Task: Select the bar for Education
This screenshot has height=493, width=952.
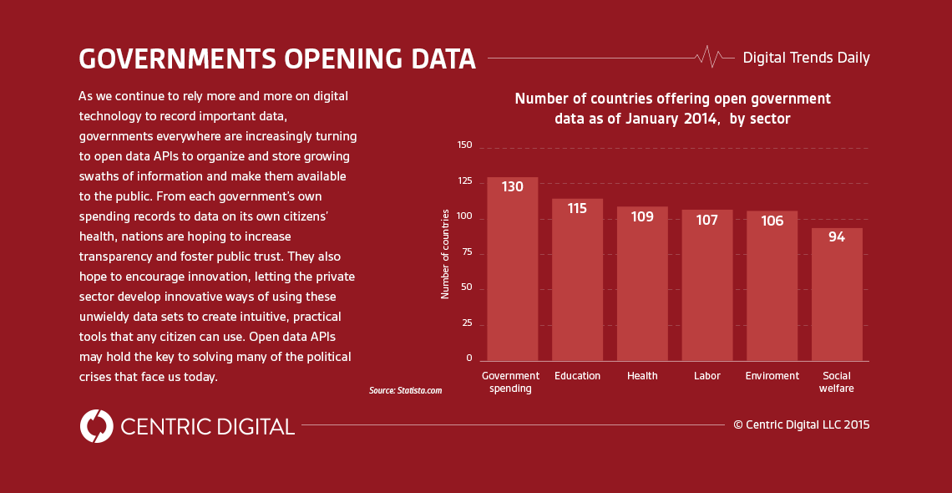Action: pyautogui.click(x=577, y=284)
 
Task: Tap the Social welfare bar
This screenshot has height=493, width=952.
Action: pyautogui.click(x=837, y=297)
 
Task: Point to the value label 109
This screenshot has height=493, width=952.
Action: pyautogui.click(x=642, y=217)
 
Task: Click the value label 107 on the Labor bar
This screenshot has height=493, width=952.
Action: pyautogui.click(x=706, y=221)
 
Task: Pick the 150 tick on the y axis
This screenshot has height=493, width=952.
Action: pyautogui.click(x=464, y=145)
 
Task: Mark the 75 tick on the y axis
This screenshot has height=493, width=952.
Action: pyautogui.click(x=465, y=252)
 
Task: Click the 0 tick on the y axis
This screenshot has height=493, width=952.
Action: pyautogui.click(x=468, y=358)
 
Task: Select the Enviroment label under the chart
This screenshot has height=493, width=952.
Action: pyautogui.click(x=772, y=376)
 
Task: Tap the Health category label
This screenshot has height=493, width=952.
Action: pyautogui.click(x=642, y=376)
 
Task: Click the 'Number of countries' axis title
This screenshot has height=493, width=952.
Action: pyautogui.click(x=445, y=253)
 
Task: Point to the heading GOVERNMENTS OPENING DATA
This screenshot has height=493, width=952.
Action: pyautogui.click(x=277, y=59)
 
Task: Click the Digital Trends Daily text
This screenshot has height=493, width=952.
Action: pyautogui.click(x=806, y=58)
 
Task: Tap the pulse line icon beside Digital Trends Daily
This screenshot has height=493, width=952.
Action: pyautogui.click(x=709, y=57)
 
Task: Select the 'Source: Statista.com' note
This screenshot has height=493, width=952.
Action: pyautogui.click(x=405, y=390)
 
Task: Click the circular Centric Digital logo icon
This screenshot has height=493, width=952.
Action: pyautogui.click(x=97, y=426)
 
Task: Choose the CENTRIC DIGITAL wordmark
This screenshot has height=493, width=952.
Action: pyautogui.click(x=207, y=427)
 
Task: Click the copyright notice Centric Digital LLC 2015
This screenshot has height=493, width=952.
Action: pyautogui.click(x=801, y=424)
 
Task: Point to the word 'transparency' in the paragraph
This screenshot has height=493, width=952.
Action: pyautogui.click(x=113, y=257)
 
